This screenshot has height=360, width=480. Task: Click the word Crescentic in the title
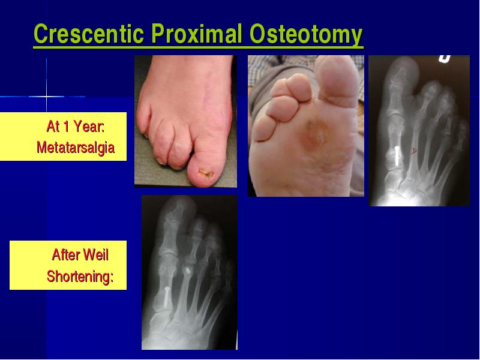(x=89, y=34)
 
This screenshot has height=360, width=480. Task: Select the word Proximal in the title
(x=197, y=34)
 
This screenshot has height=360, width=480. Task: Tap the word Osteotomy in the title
(x=306, y=34)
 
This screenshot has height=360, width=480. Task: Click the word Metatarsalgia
(x=76, y=148)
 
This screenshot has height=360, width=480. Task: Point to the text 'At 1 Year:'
(x=76, y=126)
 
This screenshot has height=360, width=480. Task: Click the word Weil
(x=96, y=254)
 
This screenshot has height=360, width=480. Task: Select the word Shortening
(x=80, y=277)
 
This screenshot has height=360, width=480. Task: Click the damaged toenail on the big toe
(x=206, y=173)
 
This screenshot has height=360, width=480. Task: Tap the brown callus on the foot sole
(x=313, y=134)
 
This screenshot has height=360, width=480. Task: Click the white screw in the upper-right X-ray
(x=397, y=156)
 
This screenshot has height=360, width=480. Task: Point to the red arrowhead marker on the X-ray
(x=414, y=151)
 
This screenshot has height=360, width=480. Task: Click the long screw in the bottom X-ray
(x=167, y=297)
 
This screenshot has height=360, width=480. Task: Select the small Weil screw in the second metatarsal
(x=187, y=270)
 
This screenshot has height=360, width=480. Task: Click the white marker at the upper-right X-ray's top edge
(x=445, y=58)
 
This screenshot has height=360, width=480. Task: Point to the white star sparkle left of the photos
(x=47, y=97)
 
